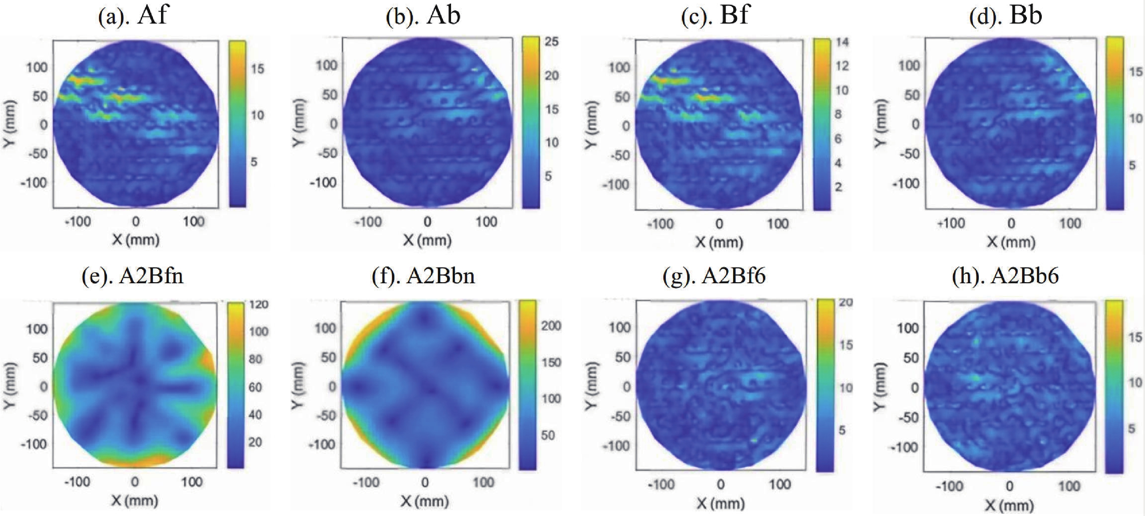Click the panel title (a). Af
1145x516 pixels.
click(x=132, y=16)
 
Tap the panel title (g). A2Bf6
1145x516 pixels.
click(x=714, y=277)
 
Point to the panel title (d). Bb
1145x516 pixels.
click(x=1005, y=16)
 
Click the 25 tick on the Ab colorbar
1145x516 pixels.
click(x=552, y=41)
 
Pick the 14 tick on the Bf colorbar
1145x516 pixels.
click(x=842, y=42)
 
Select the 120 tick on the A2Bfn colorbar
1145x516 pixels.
click(x=259, y=305)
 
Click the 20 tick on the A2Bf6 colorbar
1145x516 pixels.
click(x=845, y=303)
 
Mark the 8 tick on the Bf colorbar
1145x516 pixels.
click(x=838, y=114)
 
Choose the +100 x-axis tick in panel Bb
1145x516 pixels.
click(x=951, y=223)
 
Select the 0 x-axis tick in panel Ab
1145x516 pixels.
click(x=427, y=221)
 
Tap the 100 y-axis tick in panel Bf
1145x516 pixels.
click(x=619, y=68)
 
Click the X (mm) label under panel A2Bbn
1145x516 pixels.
click(x=425, y=501)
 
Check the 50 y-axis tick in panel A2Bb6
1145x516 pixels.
click(x=911, y=358)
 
